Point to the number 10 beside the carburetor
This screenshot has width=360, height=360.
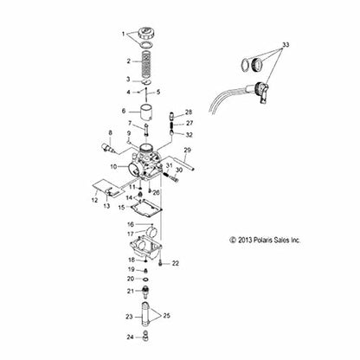click(x=113, y=164)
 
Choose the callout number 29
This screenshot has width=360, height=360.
click(x=186, y=150)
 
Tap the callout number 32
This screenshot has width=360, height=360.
click(x=190, y=134)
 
